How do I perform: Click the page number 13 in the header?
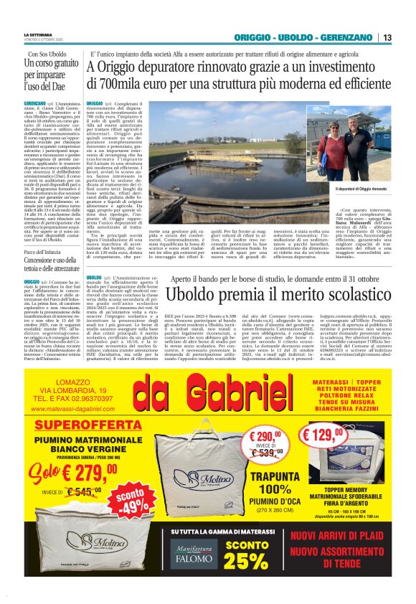[x=387, y=37]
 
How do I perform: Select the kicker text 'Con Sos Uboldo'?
[x=48, y=55]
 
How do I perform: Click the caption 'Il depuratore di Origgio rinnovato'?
[x=341, y=189]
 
